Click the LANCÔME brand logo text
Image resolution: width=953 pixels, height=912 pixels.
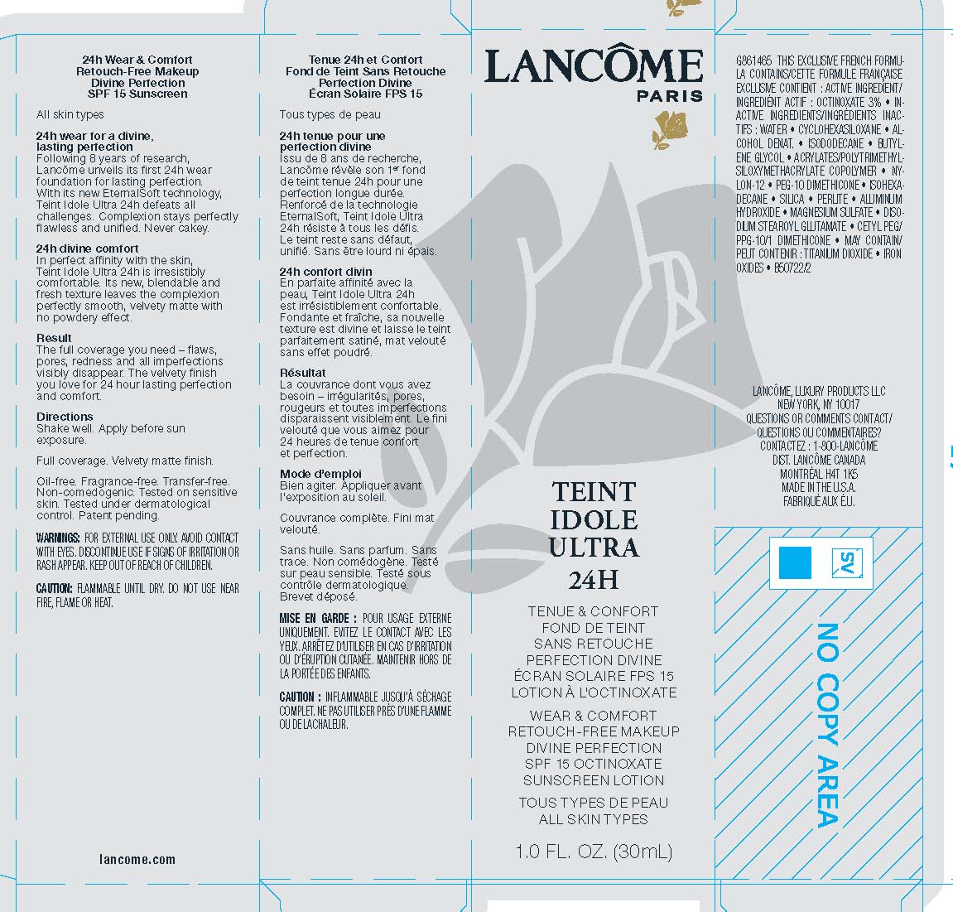593,65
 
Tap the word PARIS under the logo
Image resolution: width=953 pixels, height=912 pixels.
669,96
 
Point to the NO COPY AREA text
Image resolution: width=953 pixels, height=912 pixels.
829,725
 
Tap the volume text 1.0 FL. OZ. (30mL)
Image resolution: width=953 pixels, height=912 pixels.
593,851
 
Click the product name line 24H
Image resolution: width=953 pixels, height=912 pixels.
593,578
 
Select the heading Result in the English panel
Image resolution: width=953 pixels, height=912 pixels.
54,338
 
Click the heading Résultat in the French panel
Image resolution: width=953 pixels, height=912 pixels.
303,373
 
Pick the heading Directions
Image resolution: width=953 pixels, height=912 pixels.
65,417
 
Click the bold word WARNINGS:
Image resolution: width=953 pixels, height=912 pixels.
58,538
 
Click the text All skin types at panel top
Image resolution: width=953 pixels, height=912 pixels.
70,114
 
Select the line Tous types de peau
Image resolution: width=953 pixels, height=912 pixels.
330,114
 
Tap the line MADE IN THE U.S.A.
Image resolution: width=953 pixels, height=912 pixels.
818,487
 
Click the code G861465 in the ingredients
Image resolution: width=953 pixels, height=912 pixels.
753,61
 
